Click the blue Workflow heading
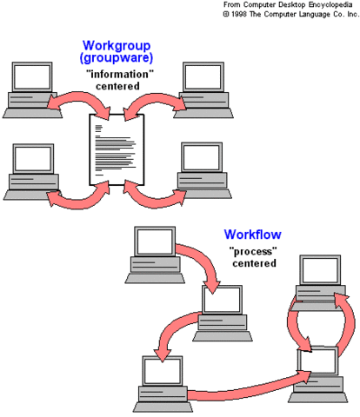pyautogui.click(x=252, y=235)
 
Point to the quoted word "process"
pyautogui.click(x=252, y=251)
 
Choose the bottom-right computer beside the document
pyautogui.click(x=202, y=165)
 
